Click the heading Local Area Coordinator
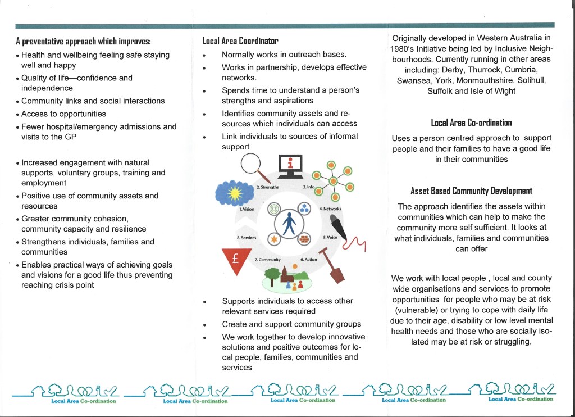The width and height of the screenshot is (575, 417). [x=240, y=41]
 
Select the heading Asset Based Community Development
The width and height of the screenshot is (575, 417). [x=471, y=191]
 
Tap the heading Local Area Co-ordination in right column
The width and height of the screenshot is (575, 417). [x=471, y=123]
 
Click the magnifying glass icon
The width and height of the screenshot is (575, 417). [x=253, y=166]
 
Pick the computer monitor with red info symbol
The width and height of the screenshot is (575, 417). [x=290, y=165]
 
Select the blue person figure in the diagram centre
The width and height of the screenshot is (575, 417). [x=289, y=223]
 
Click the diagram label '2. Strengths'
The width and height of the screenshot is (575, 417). [x=267, y=187]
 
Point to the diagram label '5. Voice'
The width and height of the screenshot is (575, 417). [x=330, y=237]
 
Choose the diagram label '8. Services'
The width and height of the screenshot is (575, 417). [x=247, y=238]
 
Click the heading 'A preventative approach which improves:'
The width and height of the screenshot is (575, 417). [x=83, y=42]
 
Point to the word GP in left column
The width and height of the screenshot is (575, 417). [x=71, y=137]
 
